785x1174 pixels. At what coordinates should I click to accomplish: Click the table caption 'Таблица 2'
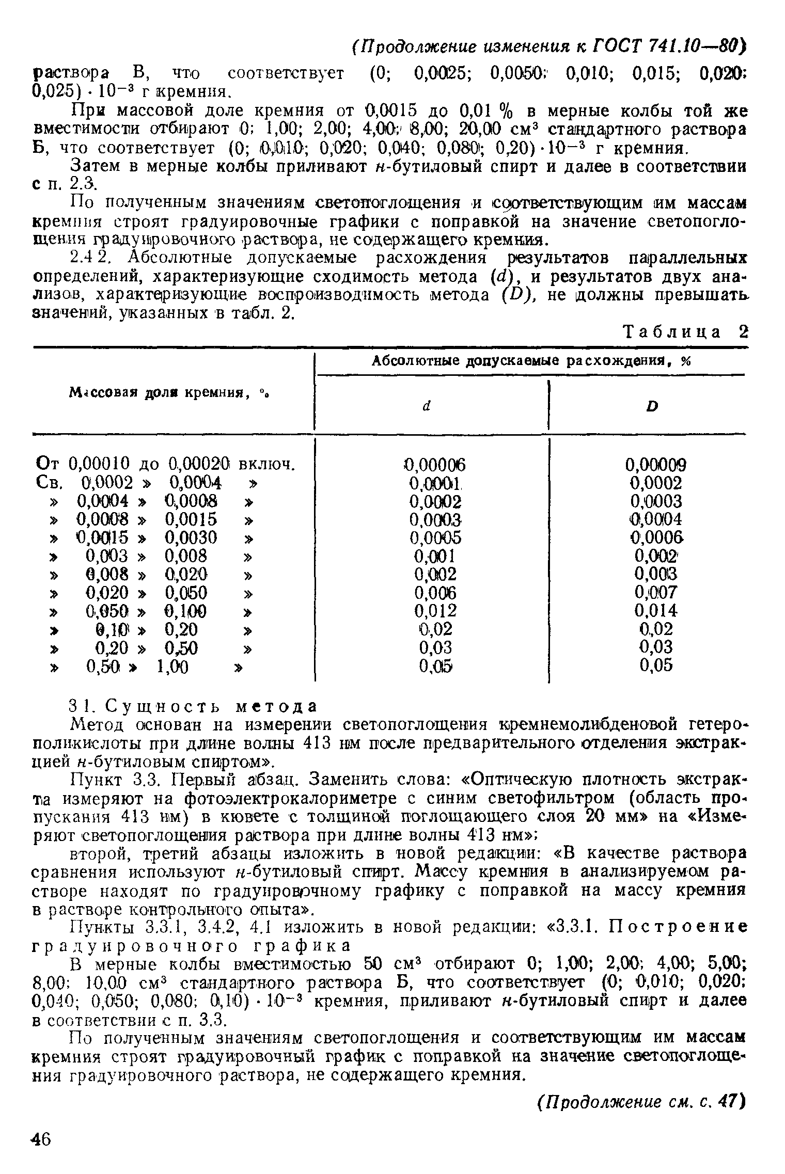pos(686,331)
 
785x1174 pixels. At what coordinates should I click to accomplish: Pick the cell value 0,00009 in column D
pos(655,465)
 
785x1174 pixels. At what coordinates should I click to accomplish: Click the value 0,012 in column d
pos(435,611)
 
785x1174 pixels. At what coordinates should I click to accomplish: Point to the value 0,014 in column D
pos(655,611)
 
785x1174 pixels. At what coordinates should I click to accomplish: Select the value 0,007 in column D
pos(655,592)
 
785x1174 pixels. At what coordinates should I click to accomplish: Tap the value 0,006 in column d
pos(435,592)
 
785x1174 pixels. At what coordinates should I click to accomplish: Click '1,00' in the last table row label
pos(172,668)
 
